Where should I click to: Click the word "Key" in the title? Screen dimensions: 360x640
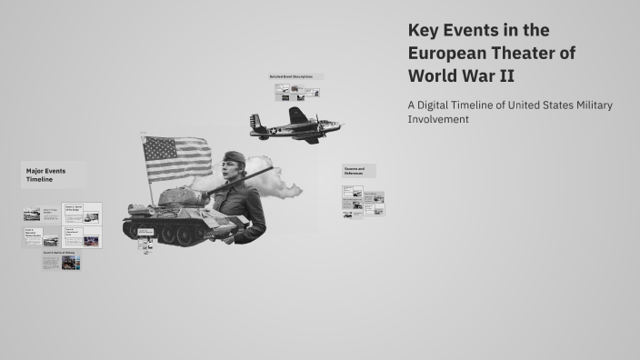(x=425, y=31)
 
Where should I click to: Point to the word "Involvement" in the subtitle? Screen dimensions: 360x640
(x=438, y=119)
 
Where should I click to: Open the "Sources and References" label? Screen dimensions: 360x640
(x=355, y=171)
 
